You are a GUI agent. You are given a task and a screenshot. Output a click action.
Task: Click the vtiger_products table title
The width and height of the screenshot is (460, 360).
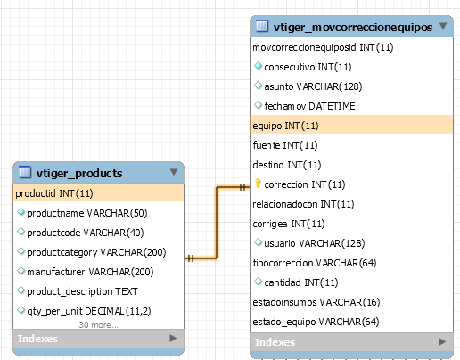79,173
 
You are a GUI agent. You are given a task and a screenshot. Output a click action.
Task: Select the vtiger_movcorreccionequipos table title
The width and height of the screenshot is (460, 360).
353,28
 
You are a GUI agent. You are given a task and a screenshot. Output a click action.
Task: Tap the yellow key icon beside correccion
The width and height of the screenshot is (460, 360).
258,184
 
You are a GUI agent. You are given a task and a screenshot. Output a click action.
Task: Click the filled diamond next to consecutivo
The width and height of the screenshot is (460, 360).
258,66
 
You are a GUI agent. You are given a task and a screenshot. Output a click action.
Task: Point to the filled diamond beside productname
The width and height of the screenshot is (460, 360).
21,212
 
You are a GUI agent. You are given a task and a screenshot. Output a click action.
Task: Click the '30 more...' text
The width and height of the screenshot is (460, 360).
98,325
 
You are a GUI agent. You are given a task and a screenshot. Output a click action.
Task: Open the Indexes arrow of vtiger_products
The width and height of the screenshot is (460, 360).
173,338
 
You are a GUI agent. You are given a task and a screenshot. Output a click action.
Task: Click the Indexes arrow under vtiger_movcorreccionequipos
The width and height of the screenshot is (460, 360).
442,341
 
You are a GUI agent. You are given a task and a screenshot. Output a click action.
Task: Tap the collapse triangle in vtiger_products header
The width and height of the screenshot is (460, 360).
174,172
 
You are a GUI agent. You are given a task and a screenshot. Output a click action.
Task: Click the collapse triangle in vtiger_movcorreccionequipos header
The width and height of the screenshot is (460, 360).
443,26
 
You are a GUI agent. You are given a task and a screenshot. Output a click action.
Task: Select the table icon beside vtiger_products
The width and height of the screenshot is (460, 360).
25,172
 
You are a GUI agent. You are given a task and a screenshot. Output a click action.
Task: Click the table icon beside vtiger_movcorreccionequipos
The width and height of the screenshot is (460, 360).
262,26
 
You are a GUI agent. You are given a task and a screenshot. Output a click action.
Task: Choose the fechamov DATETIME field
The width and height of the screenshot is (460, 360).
309,106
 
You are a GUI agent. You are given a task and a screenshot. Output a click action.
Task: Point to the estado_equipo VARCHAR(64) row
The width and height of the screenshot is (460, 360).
316,322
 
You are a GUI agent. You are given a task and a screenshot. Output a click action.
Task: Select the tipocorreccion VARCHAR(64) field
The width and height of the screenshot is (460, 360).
315,263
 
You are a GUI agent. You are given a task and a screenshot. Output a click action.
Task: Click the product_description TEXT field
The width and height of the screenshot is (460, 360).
82,291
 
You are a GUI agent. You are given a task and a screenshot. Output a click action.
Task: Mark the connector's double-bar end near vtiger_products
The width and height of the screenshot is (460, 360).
191,258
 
